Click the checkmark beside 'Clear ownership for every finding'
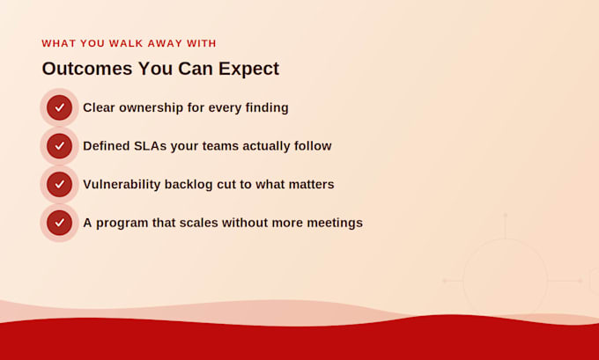tap(60, 107)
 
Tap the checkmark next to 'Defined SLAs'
tap(60, 146)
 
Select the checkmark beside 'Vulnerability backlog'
tap(60, 184)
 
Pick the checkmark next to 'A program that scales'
tap(60, 223)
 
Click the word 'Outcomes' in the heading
tap(87, 69)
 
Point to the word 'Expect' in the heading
tap(248, 70)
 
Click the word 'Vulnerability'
tap(122, 185)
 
